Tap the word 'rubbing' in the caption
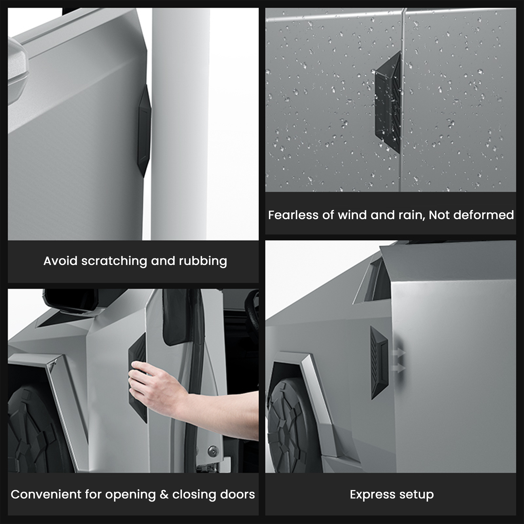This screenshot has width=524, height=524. pos(203,261)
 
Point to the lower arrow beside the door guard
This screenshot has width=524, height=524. pos(399,368)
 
